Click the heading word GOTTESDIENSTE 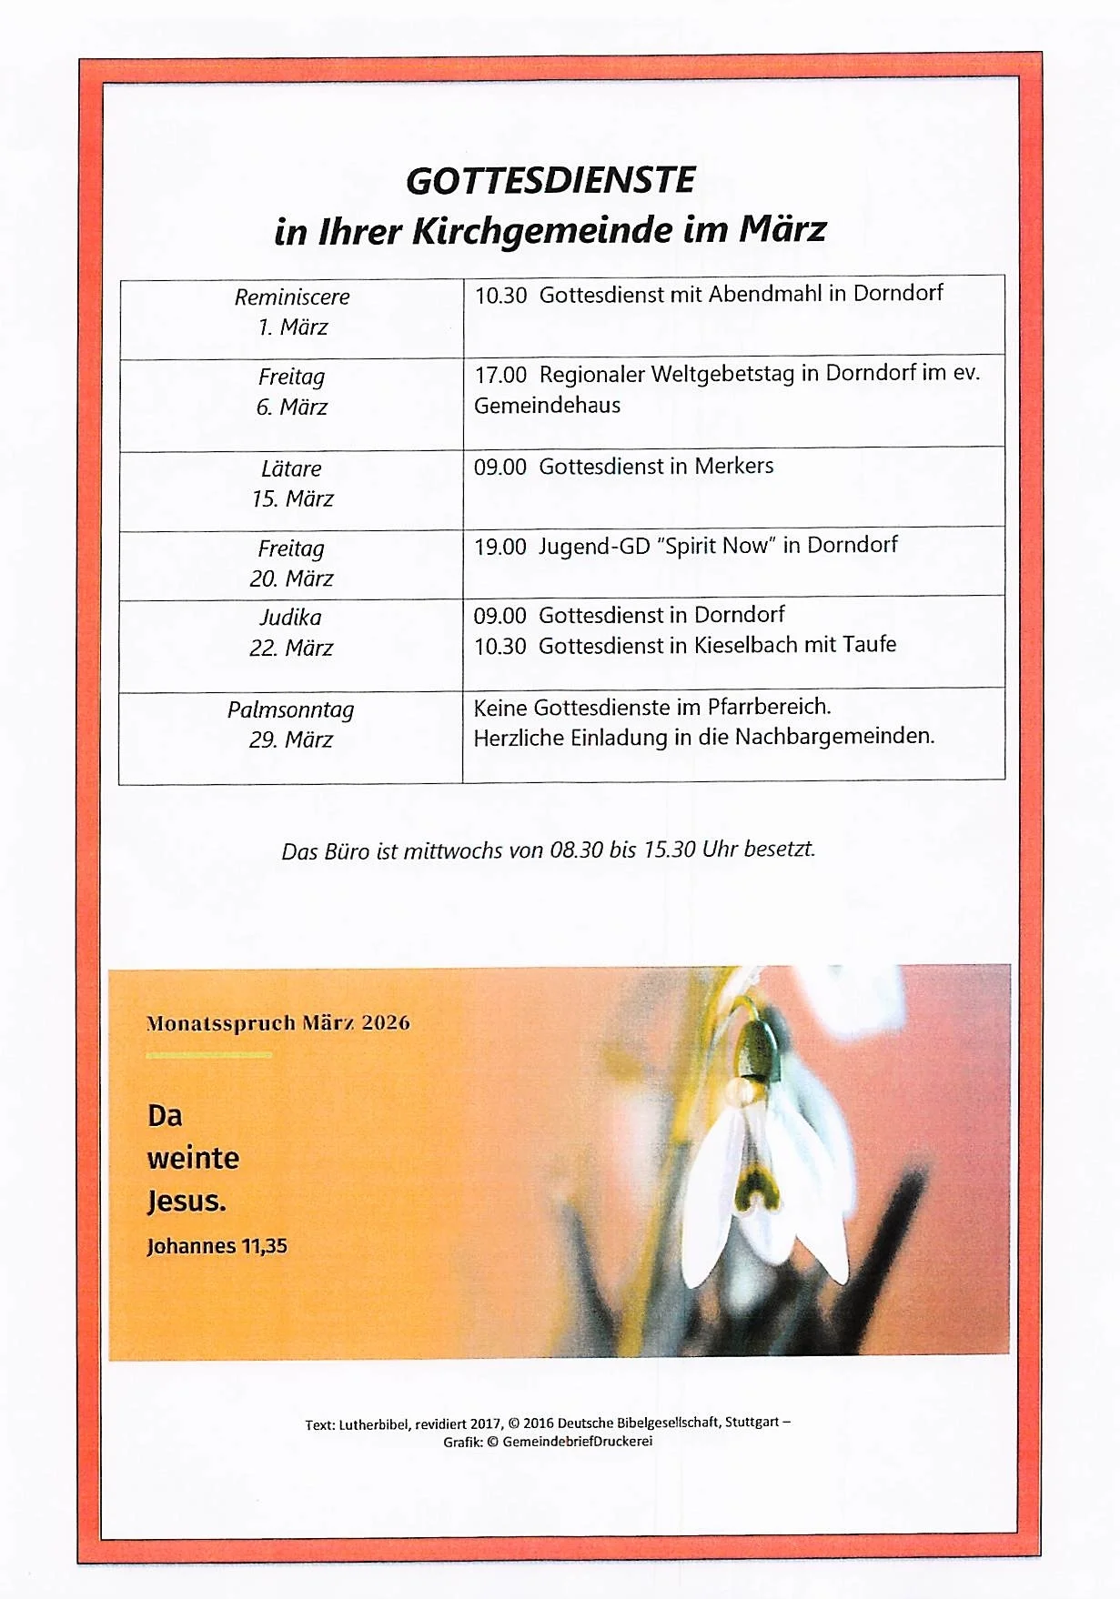pos(550,181)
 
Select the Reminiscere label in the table pos(292,297)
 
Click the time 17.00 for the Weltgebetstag pos(500,375)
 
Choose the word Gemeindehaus pos(547,406)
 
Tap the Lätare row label pos(291,469)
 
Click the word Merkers pos(733,466)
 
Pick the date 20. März pos(291,579)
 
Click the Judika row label pos(290,618)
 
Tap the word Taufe pos(869,645)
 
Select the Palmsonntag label pos(290,709)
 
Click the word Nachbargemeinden pos(834,737)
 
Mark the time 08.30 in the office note pos(576,850)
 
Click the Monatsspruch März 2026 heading pos(277,1023)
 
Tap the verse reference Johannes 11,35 pos(217,1246)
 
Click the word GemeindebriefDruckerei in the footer pos(577,1442)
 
